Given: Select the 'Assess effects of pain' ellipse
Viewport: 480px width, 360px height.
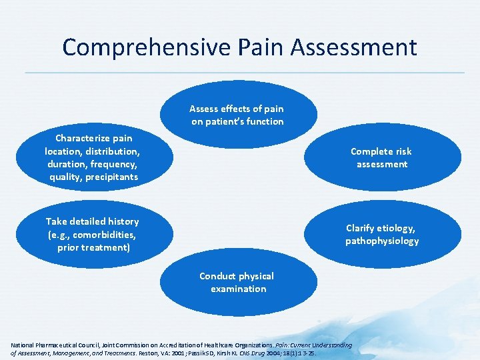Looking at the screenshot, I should click(237, 115).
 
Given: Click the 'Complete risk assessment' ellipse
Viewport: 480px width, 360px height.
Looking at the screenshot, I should click(382, 157).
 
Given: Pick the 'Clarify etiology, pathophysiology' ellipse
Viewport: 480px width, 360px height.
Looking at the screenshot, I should click(382, 234).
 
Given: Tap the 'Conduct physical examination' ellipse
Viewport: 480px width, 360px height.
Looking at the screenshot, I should click(237, 282).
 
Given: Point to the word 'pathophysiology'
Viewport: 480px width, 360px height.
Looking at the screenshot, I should click(382, 241).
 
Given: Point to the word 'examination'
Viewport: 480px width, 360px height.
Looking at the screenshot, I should click(238, 289).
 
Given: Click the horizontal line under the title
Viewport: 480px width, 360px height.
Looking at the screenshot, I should click(240, 73).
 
